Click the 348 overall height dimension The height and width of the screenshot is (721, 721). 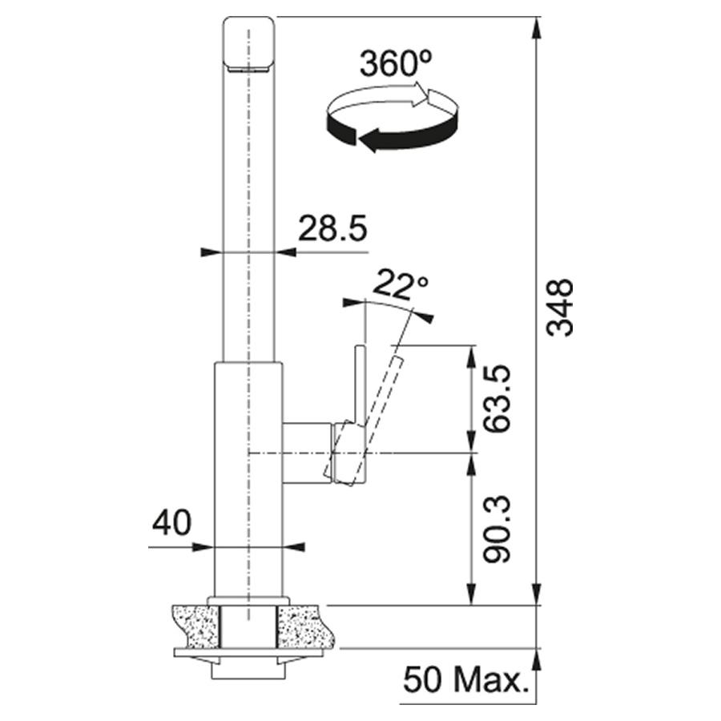click(x=560, y=308)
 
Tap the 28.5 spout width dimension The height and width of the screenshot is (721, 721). click(x=333, y=228)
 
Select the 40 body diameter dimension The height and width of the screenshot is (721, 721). click(x=171, y=523)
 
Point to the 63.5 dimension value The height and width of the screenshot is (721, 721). click(x=497, y=399)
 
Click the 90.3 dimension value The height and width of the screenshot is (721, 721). click(x=497, y=529)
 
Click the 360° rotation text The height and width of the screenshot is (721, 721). click(x=396, y=63)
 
